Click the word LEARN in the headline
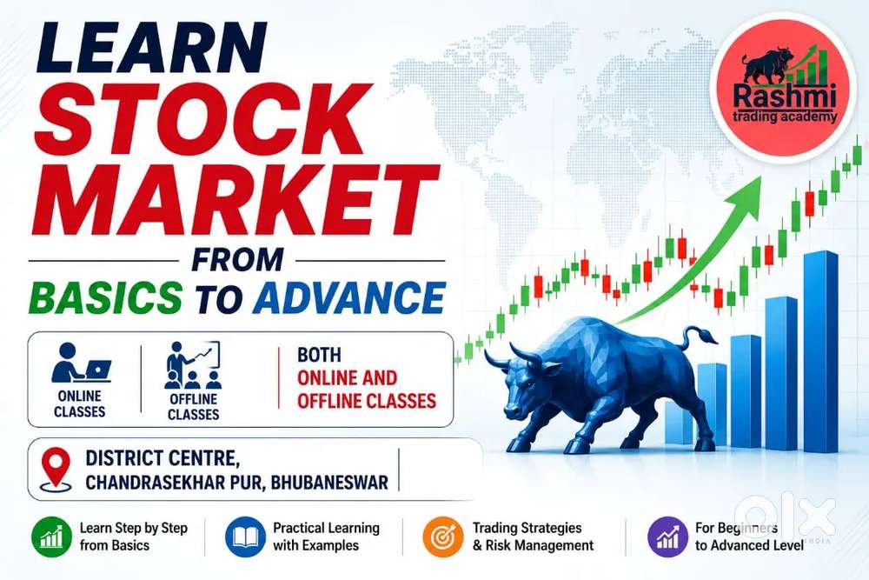tap(150, 47)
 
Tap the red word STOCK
tap(202, 120)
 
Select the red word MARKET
tap(235, 200)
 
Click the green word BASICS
tap(105, 297)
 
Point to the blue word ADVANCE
tap(349, 297)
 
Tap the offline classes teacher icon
tap(193, 365)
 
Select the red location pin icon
tap(56, 469)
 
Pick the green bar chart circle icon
tap(51, 537)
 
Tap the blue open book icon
tap(245, 537)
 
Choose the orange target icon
tap(443, 537)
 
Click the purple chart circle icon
tap(667, 537)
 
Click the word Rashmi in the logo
tap(784, 96)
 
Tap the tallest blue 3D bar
tap(820, 351)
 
